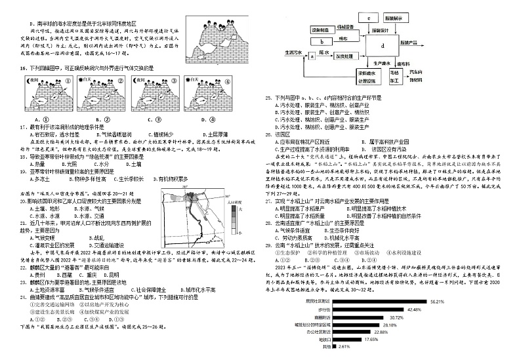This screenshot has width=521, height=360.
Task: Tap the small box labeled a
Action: click(x=303, y=57)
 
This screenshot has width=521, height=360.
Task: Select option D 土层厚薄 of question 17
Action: click(x=198, y=133)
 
